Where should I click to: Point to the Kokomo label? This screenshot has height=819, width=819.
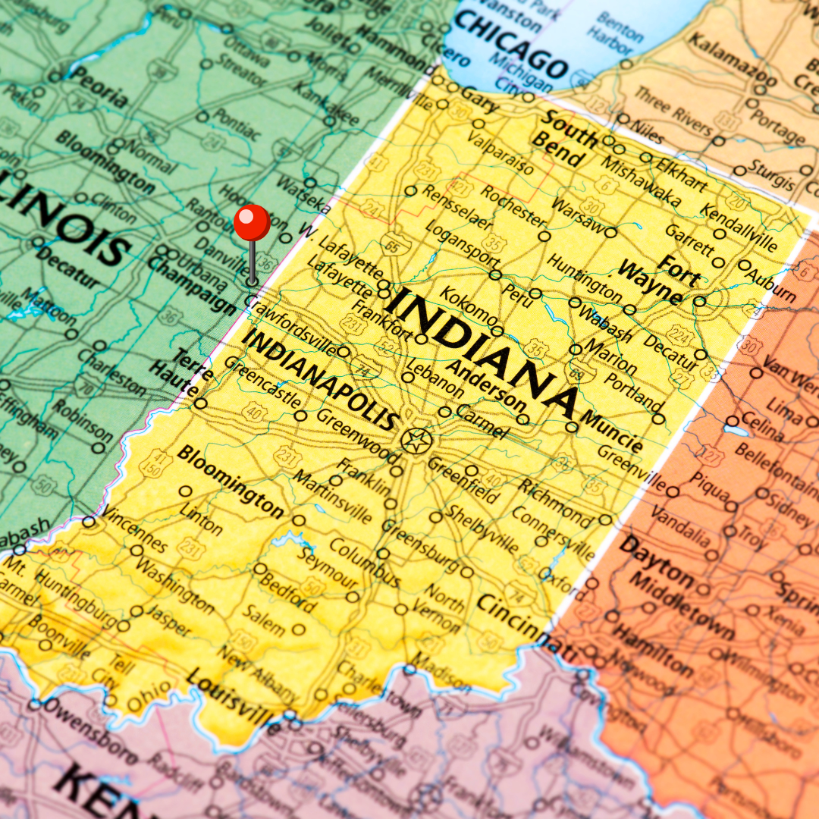tap(469, 306)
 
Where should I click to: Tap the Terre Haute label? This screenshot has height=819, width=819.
tap(190, 368)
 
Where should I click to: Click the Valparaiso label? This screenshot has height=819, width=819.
tap(500, 152)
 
